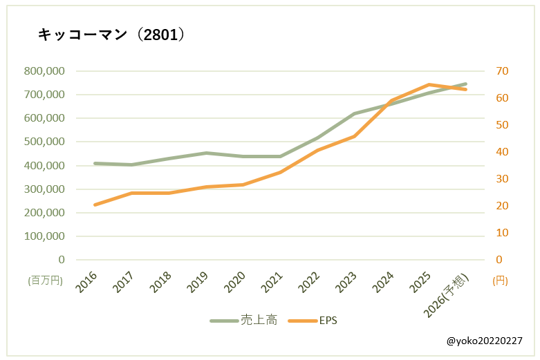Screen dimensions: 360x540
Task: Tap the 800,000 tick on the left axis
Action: tap(44, 70)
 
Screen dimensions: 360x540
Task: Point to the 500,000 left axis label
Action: tap(44, 142)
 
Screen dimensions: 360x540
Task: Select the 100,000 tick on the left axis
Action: tap(44, 236)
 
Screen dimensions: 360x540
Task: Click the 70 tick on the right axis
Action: tap(502, 70)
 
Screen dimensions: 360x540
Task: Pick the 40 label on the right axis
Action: tap(502, 151)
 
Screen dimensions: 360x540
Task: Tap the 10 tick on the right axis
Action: tap(502, 232)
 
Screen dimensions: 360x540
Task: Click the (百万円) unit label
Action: tap(45, 281)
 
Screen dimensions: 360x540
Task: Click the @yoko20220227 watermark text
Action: tap(484, 341)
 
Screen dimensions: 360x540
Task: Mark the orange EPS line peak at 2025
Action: tap(429, 84)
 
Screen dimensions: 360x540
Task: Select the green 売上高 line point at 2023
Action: tap(354, 113)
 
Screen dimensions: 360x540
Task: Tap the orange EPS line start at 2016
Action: tap(95, 205)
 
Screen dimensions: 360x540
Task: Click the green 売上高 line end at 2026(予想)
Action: tap(465, 84)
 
